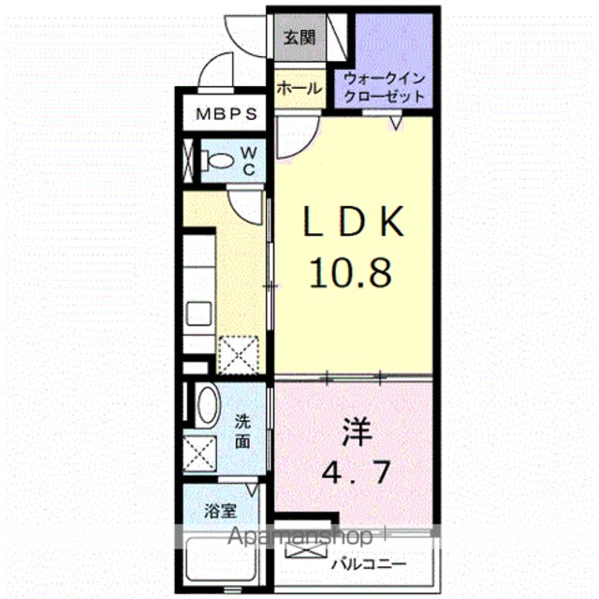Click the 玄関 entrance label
[x=299, y=37]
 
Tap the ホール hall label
[x=299, y=89]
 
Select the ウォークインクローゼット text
[x=385, y=87]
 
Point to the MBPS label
[x=226, y=114]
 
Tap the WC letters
[x=249, y=162]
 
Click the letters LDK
[x=354, y=222]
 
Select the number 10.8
[x=351, y=272]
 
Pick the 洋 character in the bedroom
[x=357, y=432]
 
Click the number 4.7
[x=356, y=472]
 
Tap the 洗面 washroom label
[x=242, y=431]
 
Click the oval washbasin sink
[x=208, y=405]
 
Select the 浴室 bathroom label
[x=220, y=511]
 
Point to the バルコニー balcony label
[x=368, y=563]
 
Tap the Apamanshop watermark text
[x=299, y=536]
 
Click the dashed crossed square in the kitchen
[x=238, y=355]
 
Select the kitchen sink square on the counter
[x=198, y=314]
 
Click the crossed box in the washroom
[x=199, y=454]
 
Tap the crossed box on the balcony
[x=306, y=550]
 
